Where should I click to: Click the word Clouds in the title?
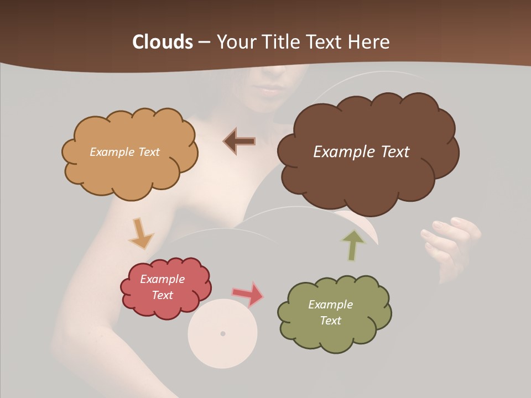163,42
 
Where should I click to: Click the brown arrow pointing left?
240,142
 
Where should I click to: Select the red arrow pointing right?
248,294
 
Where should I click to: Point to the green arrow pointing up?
352,245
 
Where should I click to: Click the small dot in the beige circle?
223,333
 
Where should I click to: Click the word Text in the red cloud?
163,295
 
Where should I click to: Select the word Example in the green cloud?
330,305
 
